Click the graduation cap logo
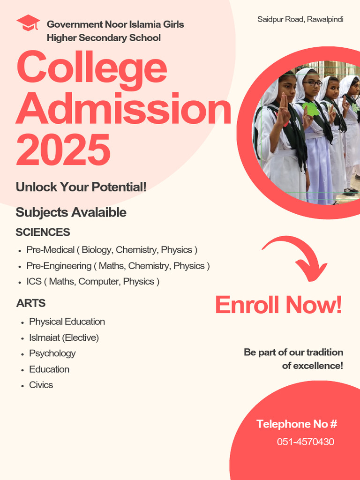click(28, 23)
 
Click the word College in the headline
click(92, 68)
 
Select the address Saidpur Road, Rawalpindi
click(300, 19)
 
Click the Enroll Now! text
click(278, 305)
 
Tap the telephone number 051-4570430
click(305, 442)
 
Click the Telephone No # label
click(297, 424)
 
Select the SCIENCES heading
click(43, 232)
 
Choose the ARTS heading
click(31, 303)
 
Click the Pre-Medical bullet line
click(112, 250)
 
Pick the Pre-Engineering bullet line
click(118, 266)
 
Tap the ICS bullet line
click(93, 282)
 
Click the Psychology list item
click(52, 353)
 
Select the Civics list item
click(41, 385)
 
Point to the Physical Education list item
click(67, 322)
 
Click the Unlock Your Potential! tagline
click(81, 187)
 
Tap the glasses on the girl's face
click(313, 83)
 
